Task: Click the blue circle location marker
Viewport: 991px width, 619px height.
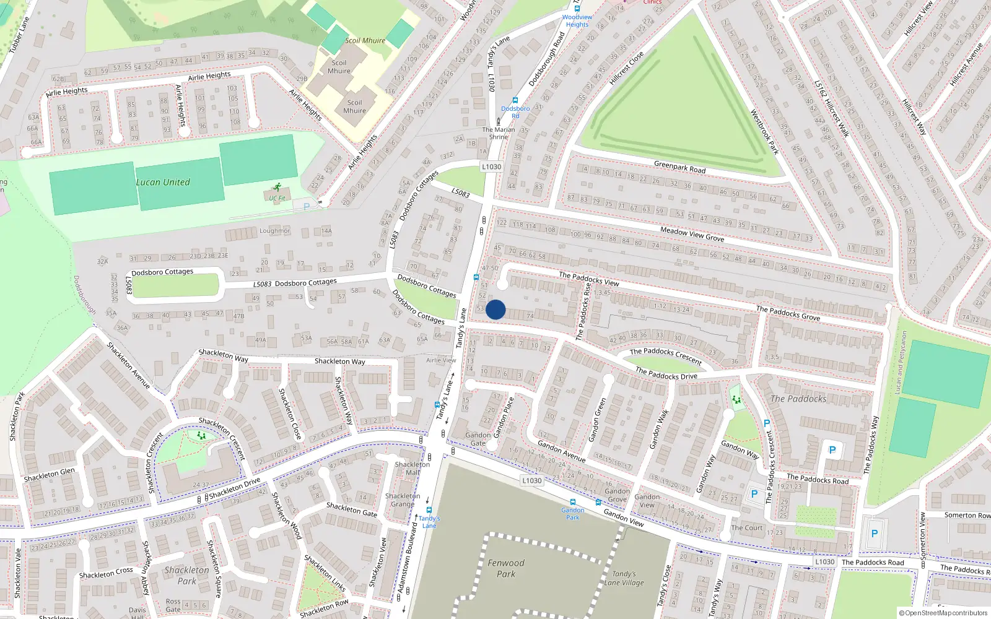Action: pos(495,309)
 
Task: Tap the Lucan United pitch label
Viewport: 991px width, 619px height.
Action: pos(163,182)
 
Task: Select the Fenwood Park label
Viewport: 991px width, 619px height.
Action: pos(505,568)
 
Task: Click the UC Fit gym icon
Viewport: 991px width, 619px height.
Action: pos(277,187)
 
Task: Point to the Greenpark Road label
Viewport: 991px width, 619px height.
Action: pos(679,167)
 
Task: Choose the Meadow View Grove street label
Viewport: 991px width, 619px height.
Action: pos(692,234)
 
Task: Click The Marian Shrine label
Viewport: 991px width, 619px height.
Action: pos(499,133)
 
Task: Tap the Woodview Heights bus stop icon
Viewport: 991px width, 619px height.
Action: pos(577,8)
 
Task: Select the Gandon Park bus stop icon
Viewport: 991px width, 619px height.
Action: pos(572,503)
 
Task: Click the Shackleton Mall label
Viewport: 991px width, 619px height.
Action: pos(412,469)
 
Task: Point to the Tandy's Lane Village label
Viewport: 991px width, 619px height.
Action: pos(624,578)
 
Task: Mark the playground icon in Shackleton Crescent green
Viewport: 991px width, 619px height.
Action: pos(201,436)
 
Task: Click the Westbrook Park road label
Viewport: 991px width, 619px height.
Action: pos(764,132)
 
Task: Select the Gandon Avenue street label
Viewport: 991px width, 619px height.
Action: pos(561,451)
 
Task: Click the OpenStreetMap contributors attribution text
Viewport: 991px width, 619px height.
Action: pos(943,613)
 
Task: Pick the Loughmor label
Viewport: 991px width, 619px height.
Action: pos(274,231)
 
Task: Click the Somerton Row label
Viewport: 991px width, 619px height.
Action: pos(967,515)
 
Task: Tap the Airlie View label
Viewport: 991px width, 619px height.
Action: pos(441,360)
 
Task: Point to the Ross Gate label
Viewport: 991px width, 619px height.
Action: pos(173,605)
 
